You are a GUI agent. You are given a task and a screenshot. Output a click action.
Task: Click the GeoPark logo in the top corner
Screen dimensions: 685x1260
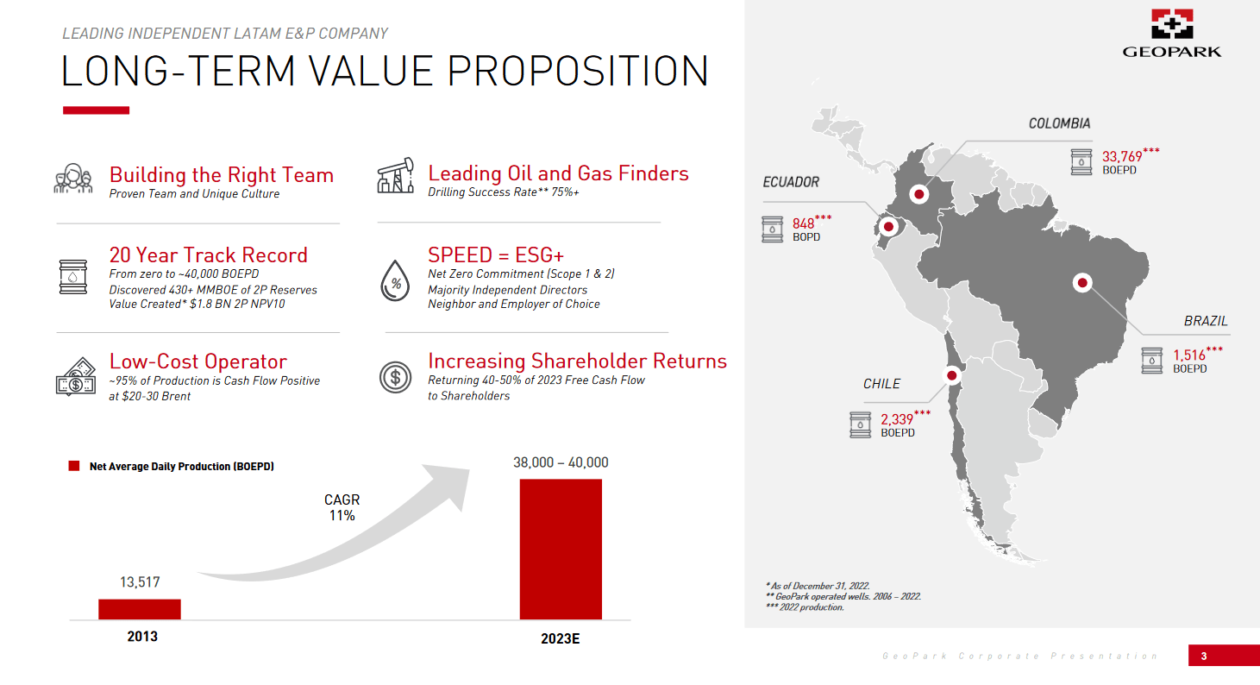[1171, 33]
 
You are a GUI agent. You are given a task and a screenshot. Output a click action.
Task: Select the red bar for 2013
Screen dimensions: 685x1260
[140, 609]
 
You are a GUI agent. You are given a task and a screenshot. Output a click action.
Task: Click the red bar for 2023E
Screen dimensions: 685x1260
[561, 549]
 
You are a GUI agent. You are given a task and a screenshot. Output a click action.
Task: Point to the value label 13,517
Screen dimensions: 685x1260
[140, 582]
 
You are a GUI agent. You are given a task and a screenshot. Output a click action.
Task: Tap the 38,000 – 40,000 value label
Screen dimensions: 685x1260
[561, 462]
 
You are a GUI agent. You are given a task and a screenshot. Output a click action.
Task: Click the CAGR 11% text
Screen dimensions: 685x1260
[342, 507]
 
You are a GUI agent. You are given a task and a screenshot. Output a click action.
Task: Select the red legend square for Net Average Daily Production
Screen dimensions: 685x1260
[74, 466]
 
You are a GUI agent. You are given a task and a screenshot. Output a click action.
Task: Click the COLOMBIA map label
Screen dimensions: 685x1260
[1059, 123]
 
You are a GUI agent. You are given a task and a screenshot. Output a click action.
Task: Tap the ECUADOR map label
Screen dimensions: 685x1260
[791, 182]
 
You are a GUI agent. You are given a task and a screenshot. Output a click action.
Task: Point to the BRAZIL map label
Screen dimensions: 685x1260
[1205, 321]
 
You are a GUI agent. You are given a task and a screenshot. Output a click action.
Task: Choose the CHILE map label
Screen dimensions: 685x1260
[881, 384]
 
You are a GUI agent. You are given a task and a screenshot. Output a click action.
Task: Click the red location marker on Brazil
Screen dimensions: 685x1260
[1081, 282]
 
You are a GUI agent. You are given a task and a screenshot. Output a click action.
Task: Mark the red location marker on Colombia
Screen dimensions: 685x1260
[919, 194]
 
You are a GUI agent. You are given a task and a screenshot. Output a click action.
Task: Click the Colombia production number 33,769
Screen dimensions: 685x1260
[1122, 156]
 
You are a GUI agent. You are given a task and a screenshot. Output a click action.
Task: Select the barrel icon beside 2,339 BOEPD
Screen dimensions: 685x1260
[861, 424]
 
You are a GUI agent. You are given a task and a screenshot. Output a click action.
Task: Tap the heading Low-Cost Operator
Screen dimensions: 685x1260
[197, 361]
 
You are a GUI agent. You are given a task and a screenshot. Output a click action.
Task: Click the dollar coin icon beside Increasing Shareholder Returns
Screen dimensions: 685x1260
[395, 377]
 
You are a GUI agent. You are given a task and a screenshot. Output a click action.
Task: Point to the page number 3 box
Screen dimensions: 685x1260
[1204, 656]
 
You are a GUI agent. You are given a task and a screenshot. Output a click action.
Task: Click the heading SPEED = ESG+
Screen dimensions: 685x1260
[496, 255]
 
